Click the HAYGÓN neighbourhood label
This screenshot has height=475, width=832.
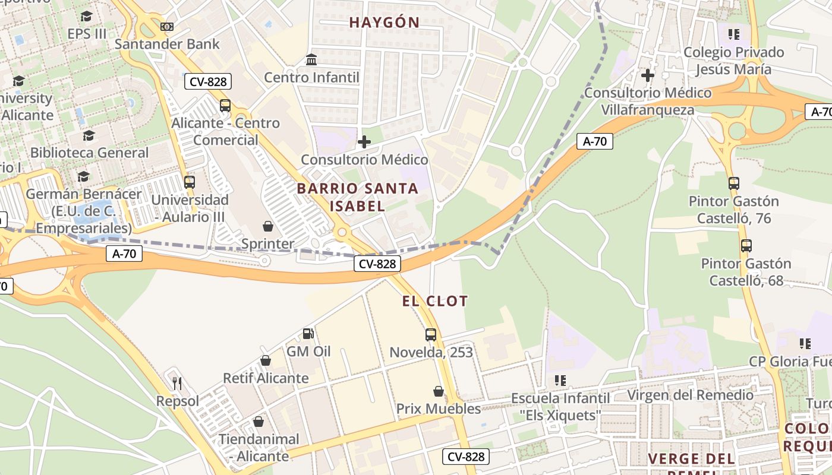384,23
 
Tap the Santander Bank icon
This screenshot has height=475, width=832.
167,27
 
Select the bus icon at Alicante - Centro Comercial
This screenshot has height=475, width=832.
225,106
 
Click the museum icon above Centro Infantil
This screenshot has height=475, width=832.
311,59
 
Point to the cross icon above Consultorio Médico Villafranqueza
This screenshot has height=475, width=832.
648,75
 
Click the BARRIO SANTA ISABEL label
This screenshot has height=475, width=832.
357,197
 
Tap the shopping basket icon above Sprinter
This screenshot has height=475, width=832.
268,226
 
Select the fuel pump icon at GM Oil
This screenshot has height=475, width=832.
308,334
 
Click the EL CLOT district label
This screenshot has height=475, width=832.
435,301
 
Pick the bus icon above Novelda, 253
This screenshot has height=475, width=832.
431,335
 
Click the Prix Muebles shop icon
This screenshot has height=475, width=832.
439,391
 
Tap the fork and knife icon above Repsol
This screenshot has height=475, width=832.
177,383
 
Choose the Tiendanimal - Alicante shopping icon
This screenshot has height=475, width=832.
259,422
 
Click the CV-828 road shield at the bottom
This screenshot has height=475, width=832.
467,457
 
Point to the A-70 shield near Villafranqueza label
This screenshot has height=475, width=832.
594,141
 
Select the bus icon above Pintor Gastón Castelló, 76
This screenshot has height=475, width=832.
734,183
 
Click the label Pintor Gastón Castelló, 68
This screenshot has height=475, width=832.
746,271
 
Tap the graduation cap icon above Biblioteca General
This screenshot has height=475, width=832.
89,135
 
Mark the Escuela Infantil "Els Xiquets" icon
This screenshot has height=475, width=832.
560,380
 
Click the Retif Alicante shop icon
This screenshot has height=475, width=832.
266,360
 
